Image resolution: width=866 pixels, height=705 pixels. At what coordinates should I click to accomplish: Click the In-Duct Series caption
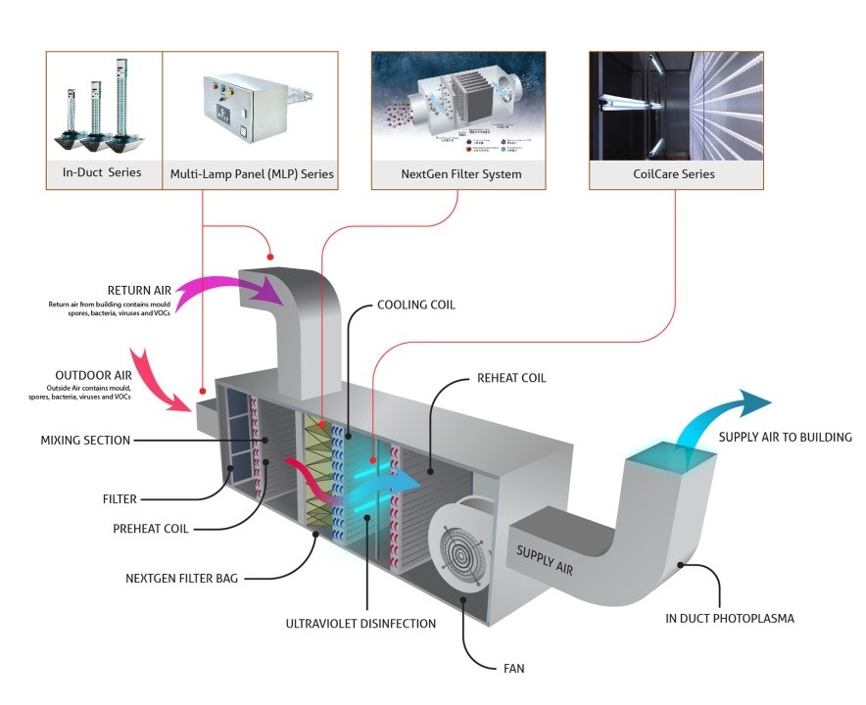click(x=103, y=173)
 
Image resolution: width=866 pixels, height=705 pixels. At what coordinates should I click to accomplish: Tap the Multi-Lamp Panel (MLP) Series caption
click(x=250, y=174)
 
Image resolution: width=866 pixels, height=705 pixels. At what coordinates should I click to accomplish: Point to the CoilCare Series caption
click(x=676, y=174)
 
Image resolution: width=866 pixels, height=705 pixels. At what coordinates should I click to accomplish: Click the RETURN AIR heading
click(x=144, y=291)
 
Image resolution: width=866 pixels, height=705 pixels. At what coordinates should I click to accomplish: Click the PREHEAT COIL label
click(x=150, y=528)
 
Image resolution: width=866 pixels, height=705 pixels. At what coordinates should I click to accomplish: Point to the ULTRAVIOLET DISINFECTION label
click(x=361, y=623)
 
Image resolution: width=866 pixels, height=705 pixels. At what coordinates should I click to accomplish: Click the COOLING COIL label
click(x=416, y=305)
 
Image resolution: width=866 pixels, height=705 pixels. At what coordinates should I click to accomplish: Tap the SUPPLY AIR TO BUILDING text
click(x=785, y=437)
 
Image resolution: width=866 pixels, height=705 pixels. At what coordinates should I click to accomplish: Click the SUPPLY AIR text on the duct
click(x=545, y=558)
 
